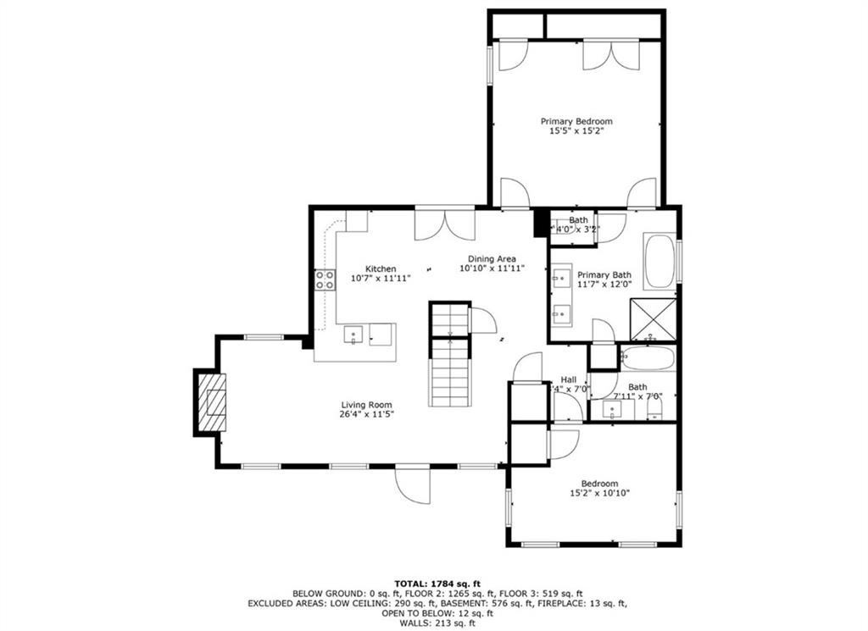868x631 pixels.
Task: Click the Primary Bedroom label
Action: pos(576,121)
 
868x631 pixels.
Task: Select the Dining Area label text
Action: pos(492,259)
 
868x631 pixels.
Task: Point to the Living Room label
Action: pos(367,404)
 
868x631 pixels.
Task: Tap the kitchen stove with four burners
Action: pos(324,280)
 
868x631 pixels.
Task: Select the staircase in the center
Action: pos(449,356)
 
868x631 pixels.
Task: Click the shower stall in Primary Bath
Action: pos(658,319)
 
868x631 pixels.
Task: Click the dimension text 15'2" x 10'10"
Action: pos(599,493)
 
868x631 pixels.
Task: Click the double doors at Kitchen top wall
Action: pos(445,224)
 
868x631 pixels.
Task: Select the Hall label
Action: pos(569,379)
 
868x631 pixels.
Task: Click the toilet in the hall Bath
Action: pos(654,411)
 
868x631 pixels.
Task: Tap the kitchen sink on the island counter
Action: pos(353,335)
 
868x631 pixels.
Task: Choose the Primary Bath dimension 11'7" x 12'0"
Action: pos(604,285)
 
